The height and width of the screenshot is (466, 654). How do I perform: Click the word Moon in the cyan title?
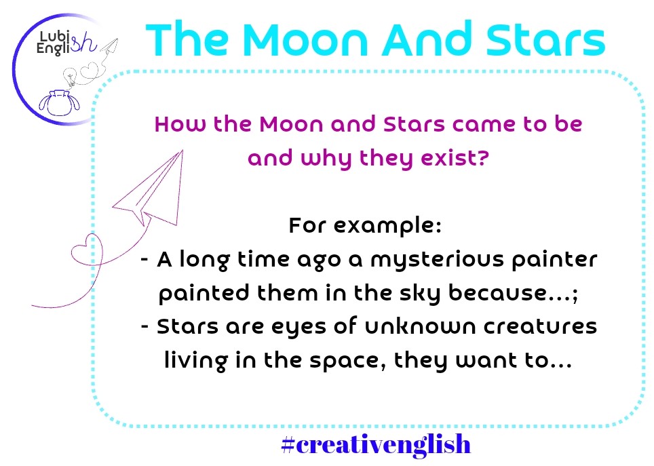coord(305,39)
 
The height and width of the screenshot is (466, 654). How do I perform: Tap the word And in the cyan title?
coord(429,39)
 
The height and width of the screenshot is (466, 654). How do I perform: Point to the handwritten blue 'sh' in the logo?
coord(83,42)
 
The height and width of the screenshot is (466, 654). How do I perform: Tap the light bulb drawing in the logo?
coord(70,77)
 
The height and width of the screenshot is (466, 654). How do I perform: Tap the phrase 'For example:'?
coord(365,226)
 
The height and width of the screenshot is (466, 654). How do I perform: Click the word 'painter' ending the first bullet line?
coord(554,260)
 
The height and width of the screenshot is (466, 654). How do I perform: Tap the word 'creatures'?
coord(540,327)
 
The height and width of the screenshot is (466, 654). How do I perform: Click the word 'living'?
coord(196,360)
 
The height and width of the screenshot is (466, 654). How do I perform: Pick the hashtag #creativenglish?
coord(377,444)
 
